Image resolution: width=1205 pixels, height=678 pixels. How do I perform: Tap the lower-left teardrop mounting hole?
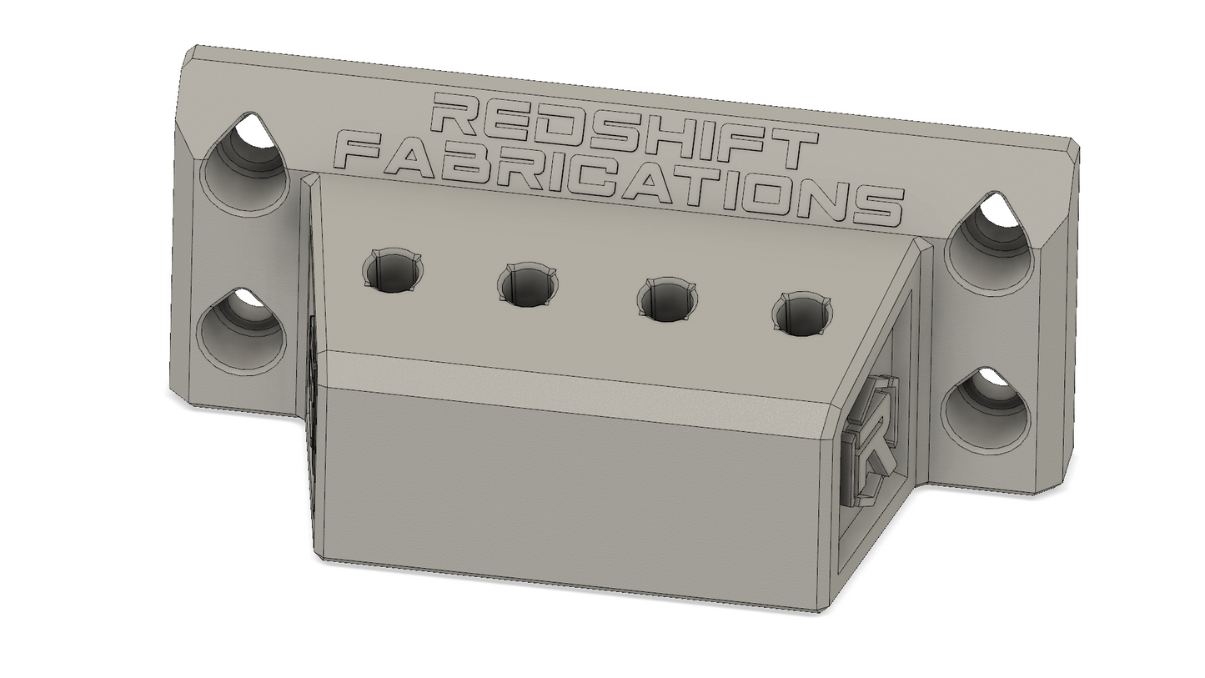click(240, 330)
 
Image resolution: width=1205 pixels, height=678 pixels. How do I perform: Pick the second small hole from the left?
click(528, 285)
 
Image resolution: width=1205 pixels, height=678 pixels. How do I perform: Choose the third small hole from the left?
click(667, 299)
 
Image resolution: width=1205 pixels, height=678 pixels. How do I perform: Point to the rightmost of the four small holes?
click(802, 314)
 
